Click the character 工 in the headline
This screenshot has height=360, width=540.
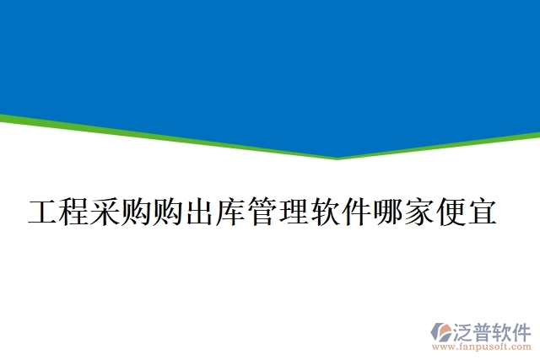point(42,212)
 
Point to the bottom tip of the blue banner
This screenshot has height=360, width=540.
point(337,158)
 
